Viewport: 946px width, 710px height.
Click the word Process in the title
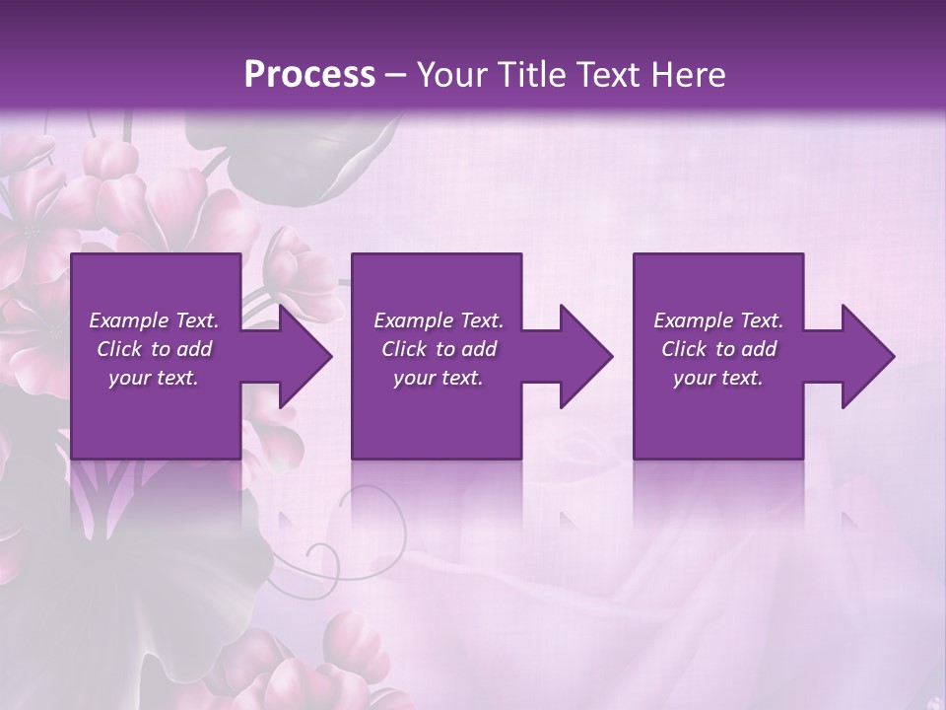pyautogui.click(x=309, y=74)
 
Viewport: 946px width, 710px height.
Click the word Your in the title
pyautogui.click(x=450, y=74)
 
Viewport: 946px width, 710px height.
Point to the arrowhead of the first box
pyautogui.click(x=301, y=356)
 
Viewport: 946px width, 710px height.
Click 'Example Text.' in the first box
pyautogui.click(x=154, y=320)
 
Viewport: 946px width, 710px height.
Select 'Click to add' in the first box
pyautogui.click(x=154, y=349)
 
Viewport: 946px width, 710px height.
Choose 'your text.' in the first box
pyautogui.click(x=154, y=378)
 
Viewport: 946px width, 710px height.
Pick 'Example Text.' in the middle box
pyautogui.click(x=439, y=320)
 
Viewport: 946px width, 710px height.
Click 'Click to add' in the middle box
pyautogui.click(x=439, y=349)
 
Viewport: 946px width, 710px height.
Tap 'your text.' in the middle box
pyautogui.click(x=439, y=378)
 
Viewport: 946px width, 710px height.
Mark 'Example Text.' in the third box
pyautogui.click(x=718, y=320)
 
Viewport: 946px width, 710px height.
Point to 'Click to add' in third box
pyautogui.click(x=718, y=349)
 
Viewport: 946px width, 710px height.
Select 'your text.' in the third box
pyautogui.click(x=718, y=378)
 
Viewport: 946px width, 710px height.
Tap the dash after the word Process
pyautogui.click(x=396, y=75)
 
